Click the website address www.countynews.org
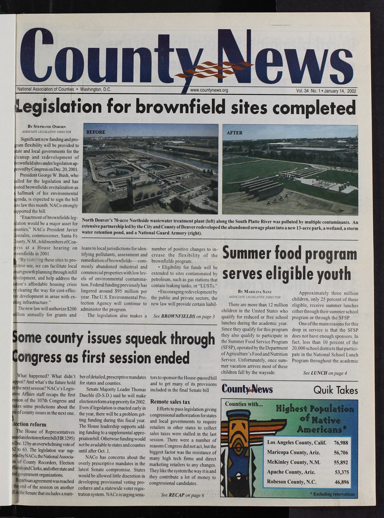tap(209, 90)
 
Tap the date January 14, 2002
tap(339, 90)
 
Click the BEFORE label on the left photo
tap(96, 132)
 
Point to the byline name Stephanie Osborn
tap(51, 127)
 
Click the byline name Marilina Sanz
tap(257, 291)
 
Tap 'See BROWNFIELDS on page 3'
tap(183, 316)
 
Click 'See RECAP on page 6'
tap(182, 495)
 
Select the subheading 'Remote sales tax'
tap(170, 402)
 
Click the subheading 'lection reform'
tap(32, 425)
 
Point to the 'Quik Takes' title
tap(336, 390)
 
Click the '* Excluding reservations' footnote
tap(332, 494)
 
